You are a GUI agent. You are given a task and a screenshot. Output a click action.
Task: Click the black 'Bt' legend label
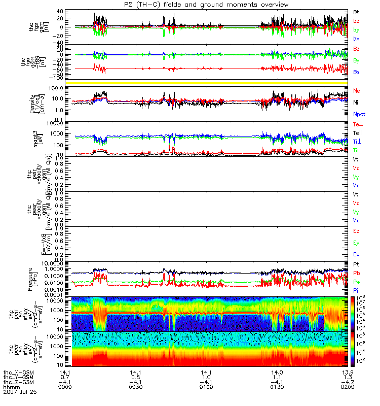pos(356,11)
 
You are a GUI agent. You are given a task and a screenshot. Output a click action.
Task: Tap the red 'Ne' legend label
pos(357,90)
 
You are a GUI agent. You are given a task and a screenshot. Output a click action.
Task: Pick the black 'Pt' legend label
pos(356,265)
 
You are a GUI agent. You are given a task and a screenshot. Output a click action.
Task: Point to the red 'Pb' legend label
pos(356,273)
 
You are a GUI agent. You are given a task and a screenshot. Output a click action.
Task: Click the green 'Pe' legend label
pos(356,281)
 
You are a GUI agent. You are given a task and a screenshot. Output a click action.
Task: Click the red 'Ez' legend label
pos(356,231)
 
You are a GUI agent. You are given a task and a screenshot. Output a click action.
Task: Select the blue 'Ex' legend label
pos(356,254)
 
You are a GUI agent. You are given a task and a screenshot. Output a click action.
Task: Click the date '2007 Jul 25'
pos(20,392)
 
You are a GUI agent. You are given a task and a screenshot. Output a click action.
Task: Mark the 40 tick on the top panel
pos(66,11)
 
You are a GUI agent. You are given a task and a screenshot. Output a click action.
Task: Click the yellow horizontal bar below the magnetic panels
pos(213,82)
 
